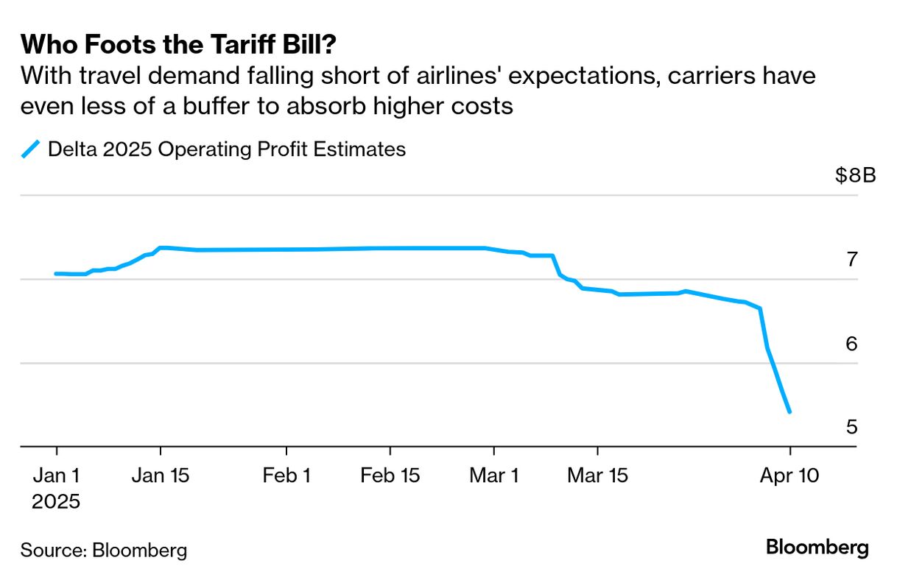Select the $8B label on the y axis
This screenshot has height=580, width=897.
pyautogui.click(x=855, y=177)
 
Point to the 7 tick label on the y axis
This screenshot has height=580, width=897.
pyautogui.click(x=851, y=260)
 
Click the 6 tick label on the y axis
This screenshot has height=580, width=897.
pyautogui.click(x=851, y=344)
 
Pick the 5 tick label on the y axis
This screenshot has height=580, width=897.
pyautogui.click(x=851, y=427)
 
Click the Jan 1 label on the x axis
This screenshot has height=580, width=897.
pyautogui.click(x=57, y=475)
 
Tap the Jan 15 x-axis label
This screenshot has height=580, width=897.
pyautogui.click(x=161, y=475)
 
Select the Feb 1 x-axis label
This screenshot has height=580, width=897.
pyautogui.click(x=286, y=475)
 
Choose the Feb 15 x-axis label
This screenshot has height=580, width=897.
pyautogui.click(x=390, y=475)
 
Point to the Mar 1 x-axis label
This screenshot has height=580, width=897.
pyautogui.click(x=493, y=475)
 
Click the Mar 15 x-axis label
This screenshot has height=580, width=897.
pyautogui.click(x=597, y=475)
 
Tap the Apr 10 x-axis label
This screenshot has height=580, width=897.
pyautogui.click(x=789, y=475)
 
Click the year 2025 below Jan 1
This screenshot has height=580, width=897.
pyautogui.click(x=56, y=502)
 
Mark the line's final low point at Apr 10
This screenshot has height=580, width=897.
pyautogui.click(x=789, y=412)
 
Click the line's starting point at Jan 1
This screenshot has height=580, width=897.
pyautogui.click(x=57, y=274)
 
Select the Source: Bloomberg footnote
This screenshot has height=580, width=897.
pyautogui.click(x=104, y=550)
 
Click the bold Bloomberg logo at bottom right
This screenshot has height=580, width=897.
pyautogui.click(x=817, y=548)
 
